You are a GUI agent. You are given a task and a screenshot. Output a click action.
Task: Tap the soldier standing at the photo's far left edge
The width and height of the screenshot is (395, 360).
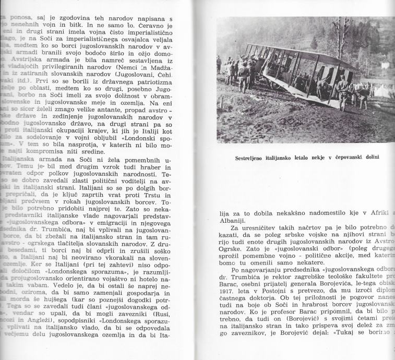click(x=219, y=65)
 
